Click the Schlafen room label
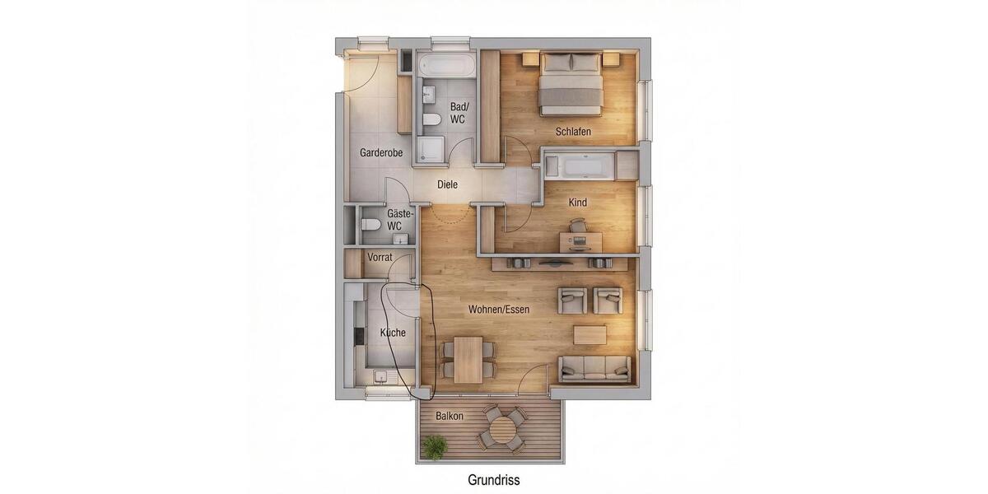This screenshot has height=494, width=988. (573, 132)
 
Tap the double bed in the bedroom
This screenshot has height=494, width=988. (570, 84)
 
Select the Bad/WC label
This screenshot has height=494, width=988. (459, 113)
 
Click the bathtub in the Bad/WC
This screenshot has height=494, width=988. (446, 66)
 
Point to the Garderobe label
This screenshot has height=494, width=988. (381, 153)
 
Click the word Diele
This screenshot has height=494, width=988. (447, 185)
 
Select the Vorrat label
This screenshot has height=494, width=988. (380, 258)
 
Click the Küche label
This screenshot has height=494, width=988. (393, 333)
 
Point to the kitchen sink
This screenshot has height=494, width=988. (381, 377)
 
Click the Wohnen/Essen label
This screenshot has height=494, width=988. (498, 310)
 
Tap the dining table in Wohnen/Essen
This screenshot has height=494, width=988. (468, 359)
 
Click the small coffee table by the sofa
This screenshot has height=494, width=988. (590, 334)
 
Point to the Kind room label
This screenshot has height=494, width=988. (578, 202)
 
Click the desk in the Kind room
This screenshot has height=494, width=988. (580, 241)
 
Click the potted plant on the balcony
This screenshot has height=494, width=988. (434, 447)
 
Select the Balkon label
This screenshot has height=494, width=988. (449, 417)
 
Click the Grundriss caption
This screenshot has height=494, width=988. (494, 479)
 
